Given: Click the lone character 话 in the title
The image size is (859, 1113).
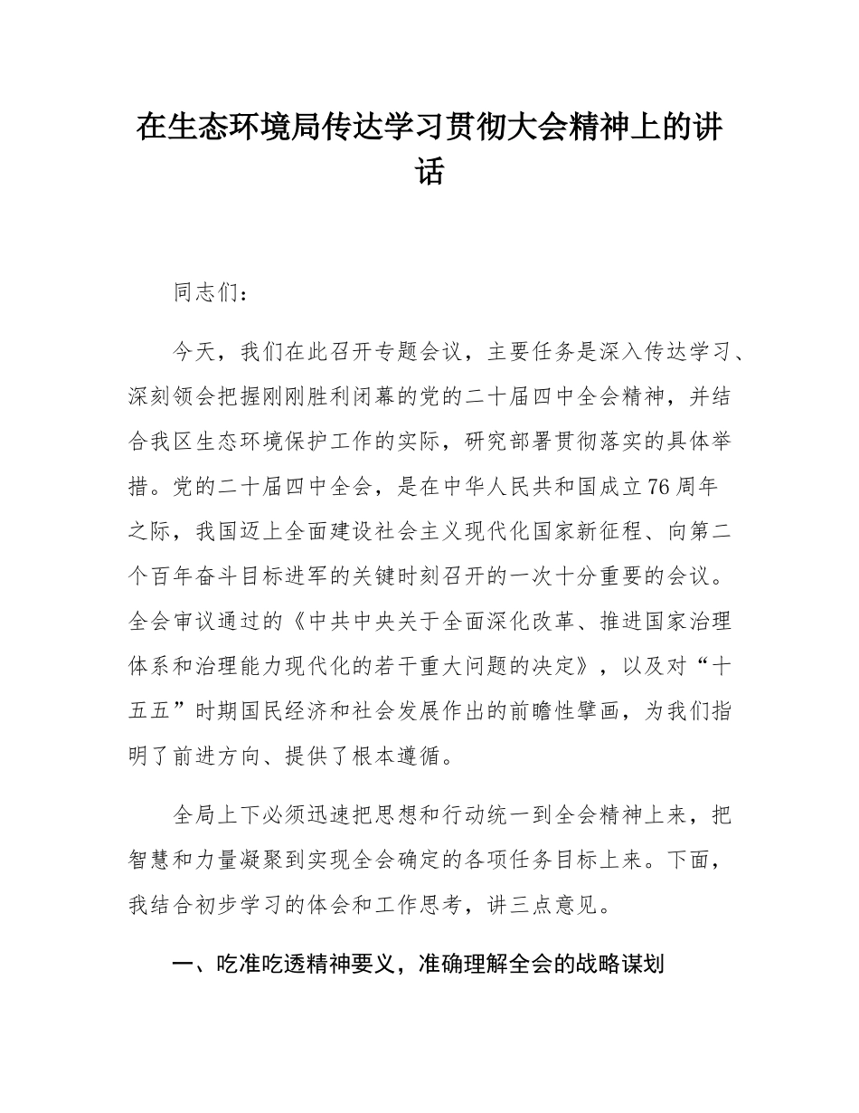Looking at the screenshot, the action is [x=429, y=171].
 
